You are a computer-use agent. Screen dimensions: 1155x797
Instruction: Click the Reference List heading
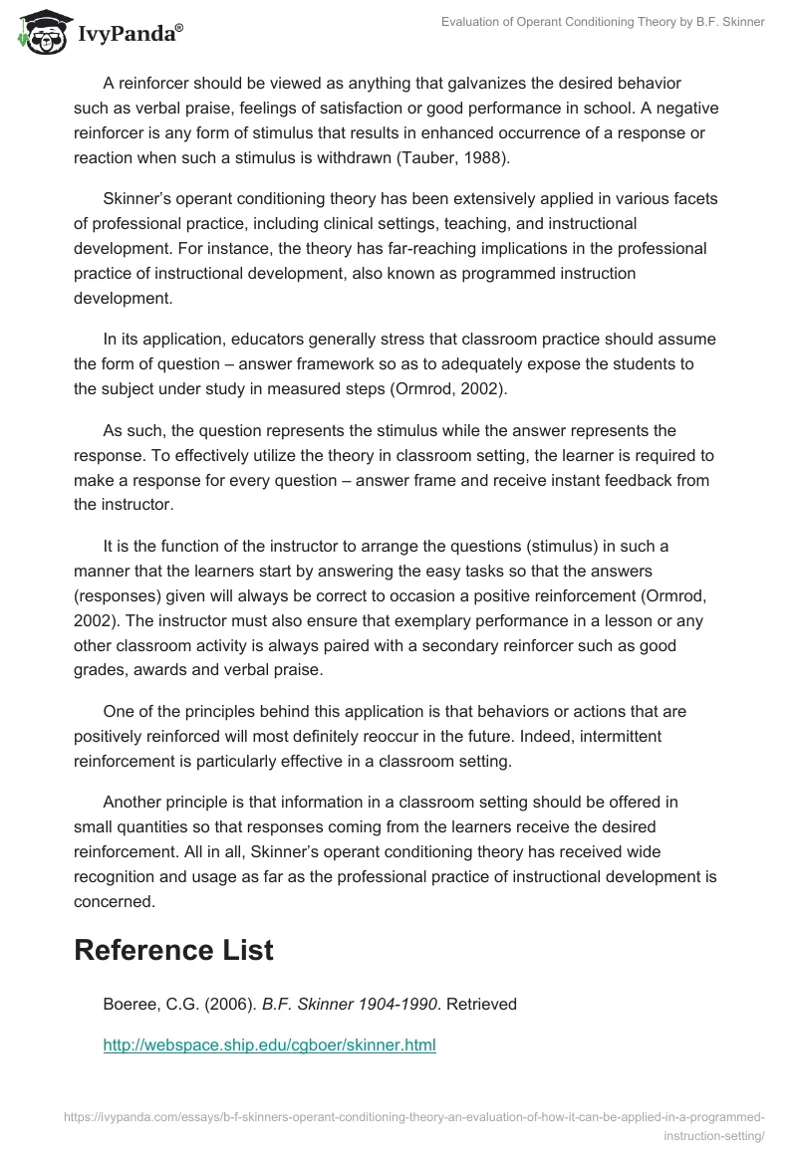tap(173, 950)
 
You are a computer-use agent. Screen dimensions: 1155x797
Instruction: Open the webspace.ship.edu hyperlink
tap(270, 1045)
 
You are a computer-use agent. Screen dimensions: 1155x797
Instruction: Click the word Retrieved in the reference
tap(481, 1004)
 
